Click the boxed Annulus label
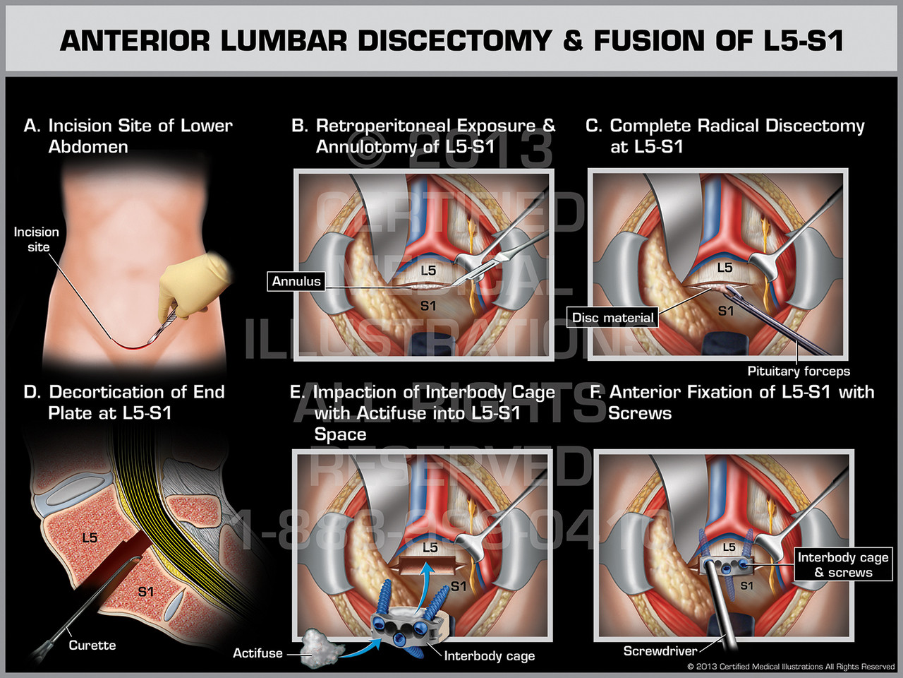tap(296, 281)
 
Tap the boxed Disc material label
tap(612, 318)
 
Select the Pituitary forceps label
tap(799, 371)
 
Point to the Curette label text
tap(92, 645)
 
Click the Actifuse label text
tap(257, 653)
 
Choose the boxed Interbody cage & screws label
tap(843, 564)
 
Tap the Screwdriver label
tap(660, 650)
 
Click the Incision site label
tap(37, 239)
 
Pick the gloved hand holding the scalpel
tap(190, 286)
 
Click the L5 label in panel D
tap(90, 538)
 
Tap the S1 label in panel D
tap(145, 592)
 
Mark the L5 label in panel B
tap(428, 270)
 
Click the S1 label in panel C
tap(726, 311)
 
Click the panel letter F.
tap(596, 392)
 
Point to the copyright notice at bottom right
tap(791, 667)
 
